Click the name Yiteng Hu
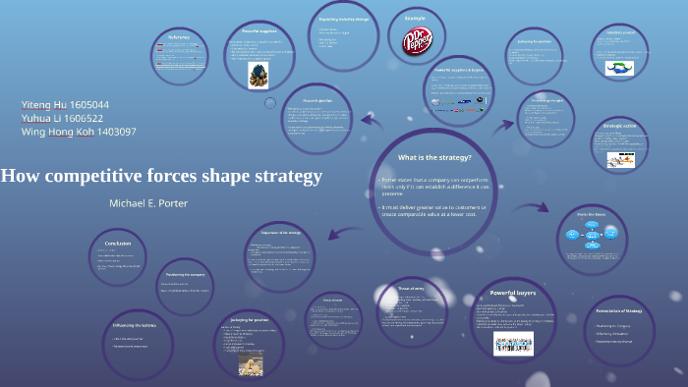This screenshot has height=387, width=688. (44, 104)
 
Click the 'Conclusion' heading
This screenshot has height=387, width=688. (118, 243)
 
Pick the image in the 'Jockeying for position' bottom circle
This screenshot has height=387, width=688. (251, 364)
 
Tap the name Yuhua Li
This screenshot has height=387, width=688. (43, 118)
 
